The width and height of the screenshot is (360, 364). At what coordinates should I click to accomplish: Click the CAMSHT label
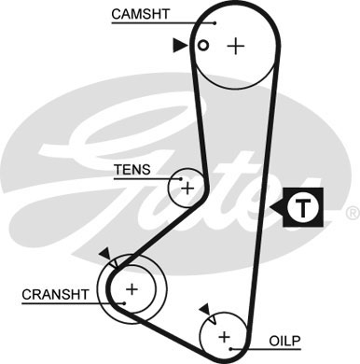[x=142, y=13]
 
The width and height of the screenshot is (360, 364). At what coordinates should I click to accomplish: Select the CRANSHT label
[x=55, y=294]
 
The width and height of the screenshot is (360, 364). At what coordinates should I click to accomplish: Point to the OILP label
[x=286, y=342]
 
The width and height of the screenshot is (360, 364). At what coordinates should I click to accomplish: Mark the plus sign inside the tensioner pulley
[x=187, y=188]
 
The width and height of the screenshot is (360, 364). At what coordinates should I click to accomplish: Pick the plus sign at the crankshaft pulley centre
[x=132, y=288]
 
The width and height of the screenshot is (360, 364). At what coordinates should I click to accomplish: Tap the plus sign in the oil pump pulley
[x=224, y=335]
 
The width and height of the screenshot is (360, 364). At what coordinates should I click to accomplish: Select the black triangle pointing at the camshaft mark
[x=180, y=44]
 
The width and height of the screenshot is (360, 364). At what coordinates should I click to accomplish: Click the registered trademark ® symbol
[x=351, y=213]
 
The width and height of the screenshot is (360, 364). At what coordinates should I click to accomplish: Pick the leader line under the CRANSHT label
[x=65, y=305]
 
